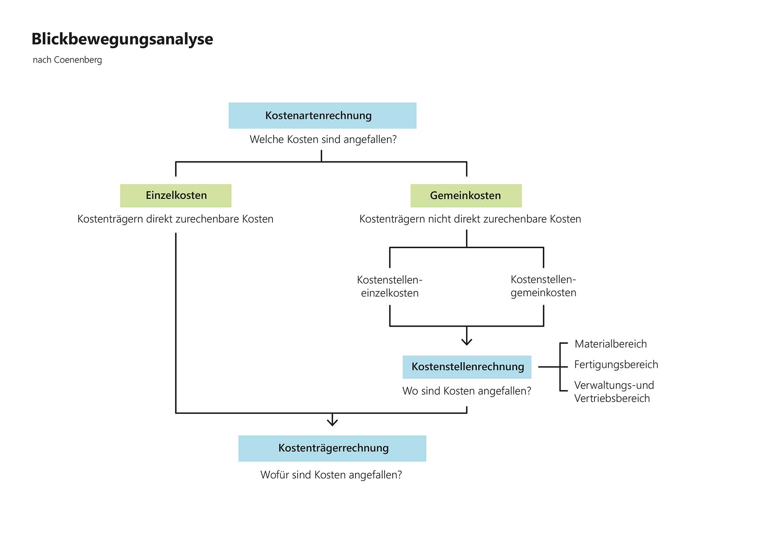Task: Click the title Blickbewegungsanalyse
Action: tap(122, 39)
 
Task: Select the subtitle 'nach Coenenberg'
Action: tap(67, 60)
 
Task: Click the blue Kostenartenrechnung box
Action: tap(322, 115)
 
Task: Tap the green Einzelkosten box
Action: tap(176, 196)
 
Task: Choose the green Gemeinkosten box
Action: tap(466, 196)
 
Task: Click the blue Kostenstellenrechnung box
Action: tap(467, 367)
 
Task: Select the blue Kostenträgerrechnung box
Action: tap(332, 448)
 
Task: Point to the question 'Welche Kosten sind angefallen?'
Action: tap(323, 139)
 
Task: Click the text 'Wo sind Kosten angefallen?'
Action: tap(467, 391)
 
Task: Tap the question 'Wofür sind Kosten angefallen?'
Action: tap(331, 475)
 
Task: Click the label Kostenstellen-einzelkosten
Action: tap(390, 286)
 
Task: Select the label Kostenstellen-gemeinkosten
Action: tap(543, 286)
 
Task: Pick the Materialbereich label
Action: tap(611, 344)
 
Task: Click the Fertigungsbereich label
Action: tap(616, 364)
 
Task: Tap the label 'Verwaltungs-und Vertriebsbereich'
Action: tap(614, 392)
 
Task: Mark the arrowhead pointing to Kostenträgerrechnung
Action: tap(332, 422)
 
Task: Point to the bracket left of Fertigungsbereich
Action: tap(561, 367)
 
